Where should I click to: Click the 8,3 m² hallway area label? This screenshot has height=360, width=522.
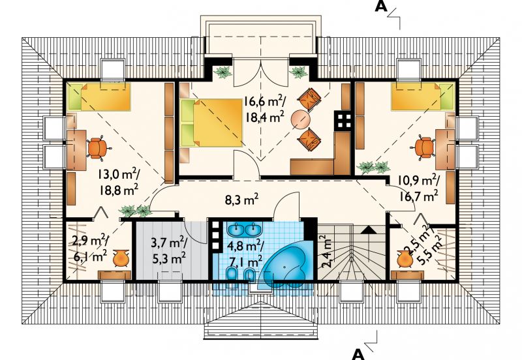coord(242,200)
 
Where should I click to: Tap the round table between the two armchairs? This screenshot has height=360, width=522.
coord(300,120)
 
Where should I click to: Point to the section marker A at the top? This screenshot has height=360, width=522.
coord(381,7)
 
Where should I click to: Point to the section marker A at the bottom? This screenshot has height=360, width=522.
coord(358,354)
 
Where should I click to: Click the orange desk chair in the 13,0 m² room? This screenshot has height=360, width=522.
coord(97,147)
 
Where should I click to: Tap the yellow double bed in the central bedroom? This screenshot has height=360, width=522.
coord(211,123)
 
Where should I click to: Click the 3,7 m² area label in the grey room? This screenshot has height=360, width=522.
coord(170,243)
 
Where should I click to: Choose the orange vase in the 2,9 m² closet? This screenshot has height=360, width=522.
coord(121,258)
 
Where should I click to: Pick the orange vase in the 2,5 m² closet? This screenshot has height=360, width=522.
coord(405,258)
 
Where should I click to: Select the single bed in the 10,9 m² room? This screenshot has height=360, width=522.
coord(422,96)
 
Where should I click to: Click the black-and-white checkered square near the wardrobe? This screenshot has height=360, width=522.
coord(343,121)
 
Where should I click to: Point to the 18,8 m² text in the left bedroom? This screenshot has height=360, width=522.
coord(118,190)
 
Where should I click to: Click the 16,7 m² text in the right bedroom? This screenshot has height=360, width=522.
coord(418,196)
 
